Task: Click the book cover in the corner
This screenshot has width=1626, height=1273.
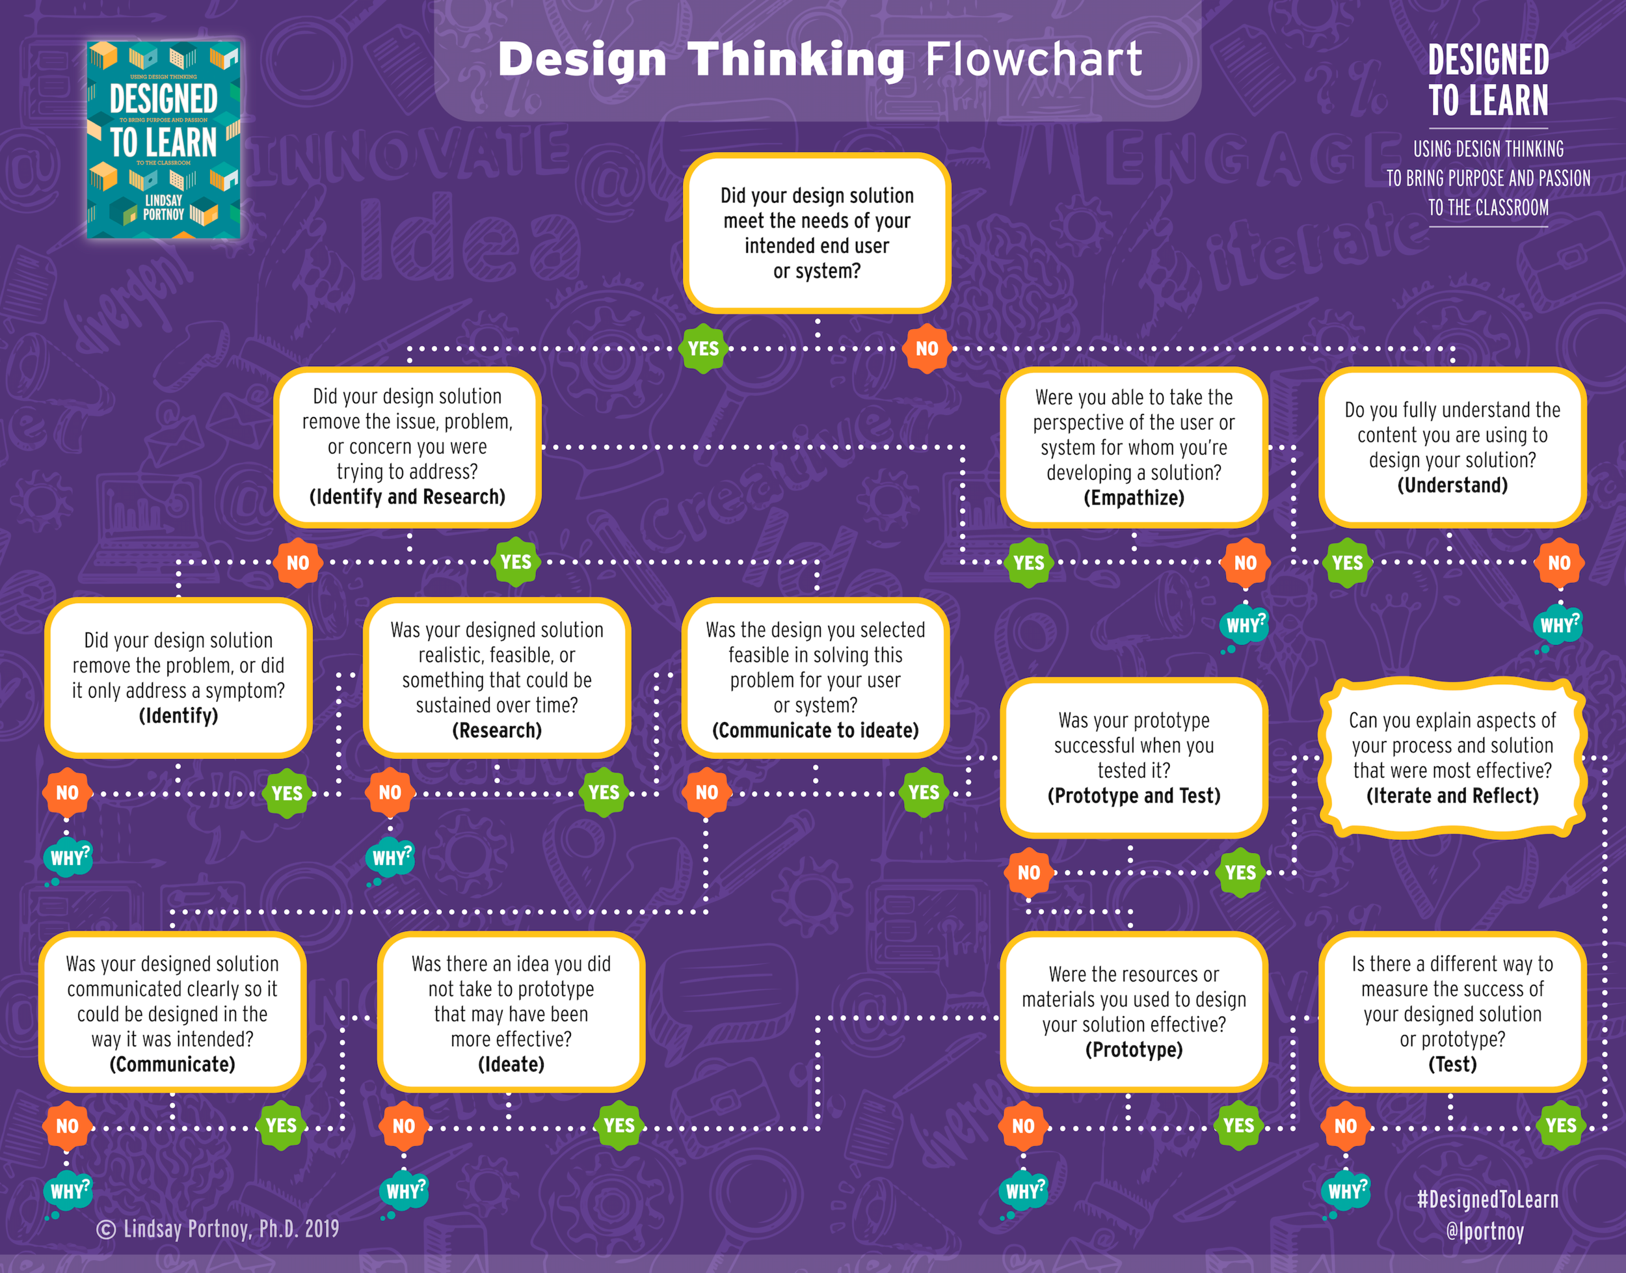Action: (x=163, y=139)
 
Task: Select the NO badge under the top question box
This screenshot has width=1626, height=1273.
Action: (x=926, y=348)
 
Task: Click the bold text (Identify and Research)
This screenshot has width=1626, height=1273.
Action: (x=407, y=496)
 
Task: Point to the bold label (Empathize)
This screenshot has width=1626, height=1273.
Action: (x=1134, y=498)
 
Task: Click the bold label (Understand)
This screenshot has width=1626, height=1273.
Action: (x=1452, y=485)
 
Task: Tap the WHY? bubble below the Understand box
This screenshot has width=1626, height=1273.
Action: (x=1558, y=624)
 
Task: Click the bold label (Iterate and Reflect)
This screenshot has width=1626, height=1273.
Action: (x=1452, y=796)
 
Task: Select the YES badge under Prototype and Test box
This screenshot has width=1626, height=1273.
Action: (x=1240, y=872)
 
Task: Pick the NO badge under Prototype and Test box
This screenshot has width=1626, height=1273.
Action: (x=1028, y=872)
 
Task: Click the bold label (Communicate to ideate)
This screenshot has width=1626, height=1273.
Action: (x=815, y=730)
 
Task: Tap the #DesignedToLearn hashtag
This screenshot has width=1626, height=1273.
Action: (x=1487, y=1199)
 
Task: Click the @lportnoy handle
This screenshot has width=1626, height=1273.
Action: (x=1484, y=1231)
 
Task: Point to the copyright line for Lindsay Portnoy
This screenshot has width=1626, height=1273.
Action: (x=218, y=1229)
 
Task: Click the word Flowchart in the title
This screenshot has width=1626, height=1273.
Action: (x=1033, y=60)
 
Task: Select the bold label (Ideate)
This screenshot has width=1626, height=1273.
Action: (x=511, y=1064)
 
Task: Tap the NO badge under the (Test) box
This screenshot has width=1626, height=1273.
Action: (x=1345, y=1125)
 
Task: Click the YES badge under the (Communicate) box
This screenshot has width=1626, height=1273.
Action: (x=281, y=1125)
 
